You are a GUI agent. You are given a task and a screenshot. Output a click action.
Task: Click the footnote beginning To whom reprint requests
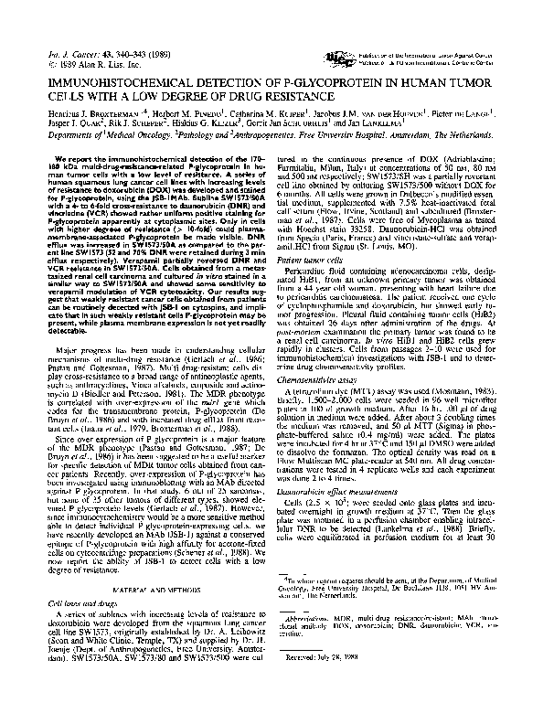point(366,587)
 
